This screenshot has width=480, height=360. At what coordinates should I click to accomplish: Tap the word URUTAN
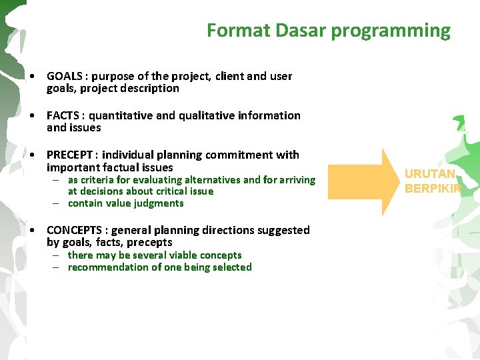click(x=430, y=175)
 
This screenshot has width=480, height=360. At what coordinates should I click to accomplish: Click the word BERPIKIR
click(x=433, y=189)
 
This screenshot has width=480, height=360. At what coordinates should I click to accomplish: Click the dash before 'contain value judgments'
click(x=58, y=203)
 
